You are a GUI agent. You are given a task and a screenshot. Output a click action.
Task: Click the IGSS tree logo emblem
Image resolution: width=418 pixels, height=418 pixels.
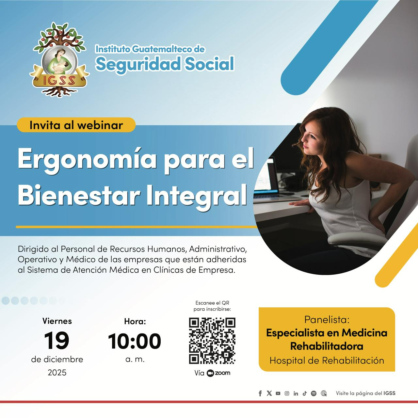click(x=59, y=59)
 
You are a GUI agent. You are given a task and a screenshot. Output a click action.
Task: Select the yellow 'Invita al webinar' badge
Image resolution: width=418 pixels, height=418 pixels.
click(x=76, y=125)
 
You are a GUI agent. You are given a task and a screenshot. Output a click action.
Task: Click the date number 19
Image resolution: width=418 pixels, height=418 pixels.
click(x=56, y=340)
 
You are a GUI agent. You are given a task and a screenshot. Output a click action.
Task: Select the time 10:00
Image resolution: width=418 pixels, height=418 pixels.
click(x=135, y=341)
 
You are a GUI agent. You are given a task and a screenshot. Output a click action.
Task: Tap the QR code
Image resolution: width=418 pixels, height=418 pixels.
click(x=212, y=341)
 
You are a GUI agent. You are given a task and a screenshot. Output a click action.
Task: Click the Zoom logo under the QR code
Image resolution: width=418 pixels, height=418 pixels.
click(x=218, y=373)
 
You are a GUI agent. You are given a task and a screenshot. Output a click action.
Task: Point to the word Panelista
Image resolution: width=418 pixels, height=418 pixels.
click(x=327, y=319)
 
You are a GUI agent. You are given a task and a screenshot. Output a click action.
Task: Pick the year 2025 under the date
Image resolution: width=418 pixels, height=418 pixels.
click(x=57, y=373)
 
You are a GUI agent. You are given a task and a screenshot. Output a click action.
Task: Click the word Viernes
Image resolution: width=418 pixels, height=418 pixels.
click(x=57, y=321)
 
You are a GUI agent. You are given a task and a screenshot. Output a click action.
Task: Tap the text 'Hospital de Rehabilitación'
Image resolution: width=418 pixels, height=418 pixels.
click(x=327, y=361)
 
